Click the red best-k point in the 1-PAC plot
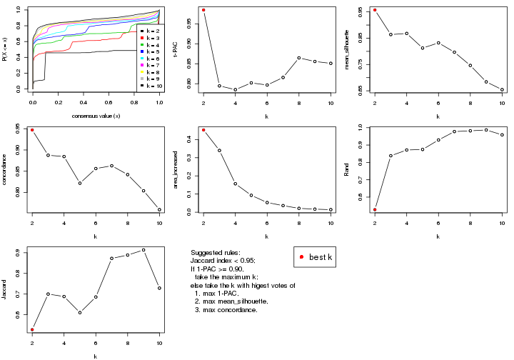click(x=203, y=10)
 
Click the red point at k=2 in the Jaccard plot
click(x=32, y=329)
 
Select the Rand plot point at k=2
click(x=375, y=209)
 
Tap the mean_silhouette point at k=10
click(x=502, y=90)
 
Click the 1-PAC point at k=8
click(x=299, y=58)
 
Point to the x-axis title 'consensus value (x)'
click(x=96, y=116)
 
